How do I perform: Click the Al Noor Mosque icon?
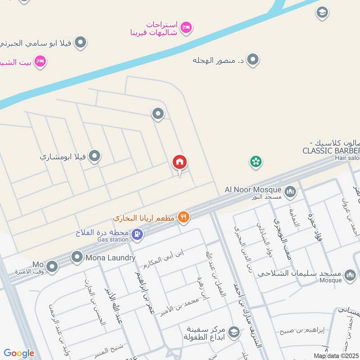[291, 192]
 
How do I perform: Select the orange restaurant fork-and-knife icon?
[183, 217]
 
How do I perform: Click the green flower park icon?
[256, 162]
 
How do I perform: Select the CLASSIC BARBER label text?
[331, 150]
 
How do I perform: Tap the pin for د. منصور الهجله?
[253, 59]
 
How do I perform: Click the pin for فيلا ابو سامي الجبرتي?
[81, 43]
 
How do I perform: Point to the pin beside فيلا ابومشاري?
[94, 157]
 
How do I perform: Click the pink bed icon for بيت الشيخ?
[40, 61]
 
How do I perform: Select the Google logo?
[19, 353]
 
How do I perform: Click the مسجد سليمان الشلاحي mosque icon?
[350, 274]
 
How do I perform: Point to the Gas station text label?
[113, 240]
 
